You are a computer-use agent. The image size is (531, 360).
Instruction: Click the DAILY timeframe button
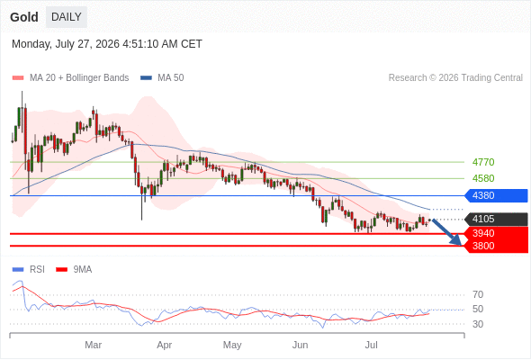(67, 17)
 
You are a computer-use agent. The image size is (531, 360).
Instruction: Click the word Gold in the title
(24, 17)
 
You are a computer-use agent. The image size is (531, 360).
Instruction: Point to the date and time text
(107, 44)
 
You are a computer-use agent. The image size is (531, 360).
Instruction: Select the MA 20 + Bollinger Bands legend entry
(70, 78)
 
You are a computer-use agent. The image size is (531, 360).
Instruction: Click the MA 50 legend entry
(162, 78)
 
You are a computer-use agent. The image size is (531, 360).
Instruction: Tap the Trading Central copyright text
(455, 78)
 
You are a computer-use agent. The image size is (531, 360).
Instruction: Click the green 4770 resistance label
(483, 162)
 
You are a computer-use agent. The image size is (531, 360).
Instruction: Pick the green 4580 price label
(483, 178)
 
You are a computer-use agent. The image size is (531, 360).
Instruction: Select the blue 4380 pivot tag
(496, 195)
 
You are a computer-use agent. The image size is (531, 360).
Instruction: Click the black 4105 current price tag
(496, 219)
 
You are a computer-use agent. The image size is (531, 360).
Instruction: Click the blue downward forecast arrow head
(456, 241)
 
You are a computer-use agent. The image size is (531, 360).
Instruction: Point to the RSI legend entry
(29, 270)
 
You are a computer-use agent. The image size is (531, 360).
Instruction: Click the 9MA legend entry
(74, 270)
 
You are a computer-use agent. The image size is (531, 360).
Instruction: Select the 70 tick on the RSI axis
(478, 294)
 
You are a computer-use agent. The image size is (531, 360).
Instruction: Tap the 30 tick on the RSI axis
(478, 324)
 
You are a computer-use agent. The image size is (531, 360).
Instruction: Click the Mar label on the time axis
(93, 345)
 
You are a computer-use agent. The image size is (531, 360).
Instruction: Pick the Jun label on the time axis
(300, 345)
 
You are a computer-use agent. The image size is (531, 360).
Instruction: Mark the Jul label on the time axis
(372, 345)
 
